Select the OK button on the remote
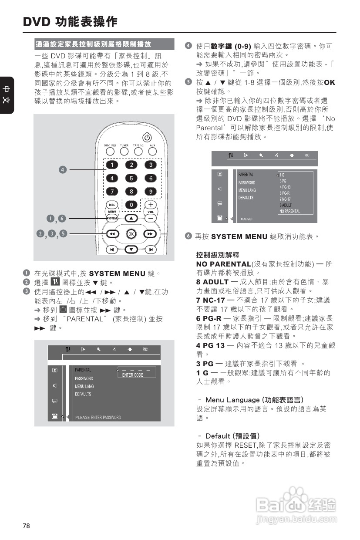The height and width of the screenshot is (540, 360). (131, 234)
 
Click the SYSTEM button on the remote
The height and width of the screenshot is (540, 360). (112, 217)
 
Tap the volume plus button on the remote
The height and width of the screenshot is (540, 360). (151, 204)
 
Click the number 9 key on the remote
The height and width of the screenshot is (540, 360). (151, 192)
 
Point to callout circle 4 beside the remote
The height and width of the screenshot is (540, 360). (63, 169)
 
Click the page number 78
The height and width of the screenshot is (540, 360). (27, 526)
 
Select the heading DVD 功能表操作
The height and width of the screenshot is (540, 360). (70, 21)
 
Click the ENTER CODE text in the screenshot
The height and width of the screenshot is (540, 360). (133, 375)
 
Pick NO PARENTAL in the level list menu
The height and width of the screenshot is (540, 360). (289, 211)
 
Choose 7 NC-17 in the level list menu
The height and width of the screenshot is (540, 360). (286, 199)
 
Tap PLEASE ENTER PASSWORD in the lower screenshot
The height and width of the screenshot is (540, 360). (98, 418)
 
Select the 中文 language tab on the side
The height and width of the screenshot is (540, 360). (7, 95)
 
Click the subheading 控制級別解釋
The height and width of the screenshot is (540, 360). (218, 255)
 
